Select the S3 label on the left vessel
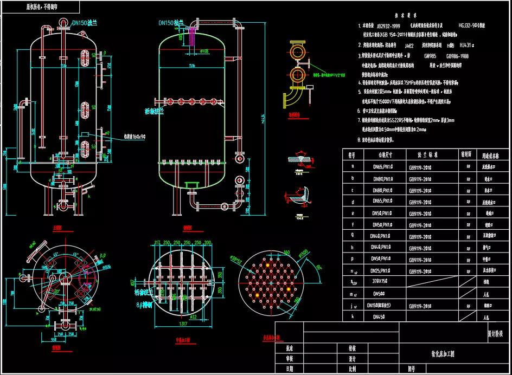(x=93, y=147)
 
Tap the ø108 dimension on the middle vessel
(x=204, y=51)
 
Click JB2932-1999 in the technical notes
(x=388, y=25)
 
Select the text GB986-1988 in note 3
(x=457, y=55)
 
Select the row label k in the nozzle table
(x=353, y=316)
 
